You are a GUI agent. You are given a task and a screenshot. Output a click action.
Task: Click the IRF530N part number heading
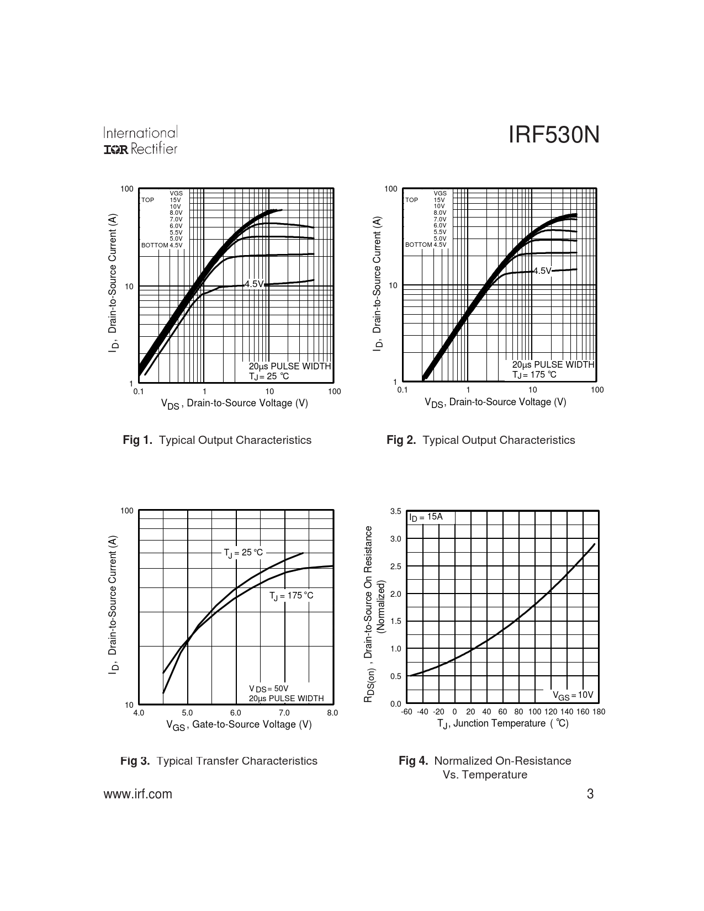pos(553,136)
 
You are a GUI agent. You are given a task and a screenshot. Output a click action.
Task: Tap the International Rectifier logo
pos(140,141)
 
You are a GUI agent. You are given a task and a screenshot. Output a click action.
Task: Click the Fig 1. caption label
pos(137,440)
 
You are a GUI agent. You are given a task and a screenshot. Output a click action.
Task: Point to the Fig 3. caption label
pos(135,761)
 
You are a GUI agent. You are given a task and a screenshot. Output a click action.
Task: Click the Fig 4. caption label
pos(413,761)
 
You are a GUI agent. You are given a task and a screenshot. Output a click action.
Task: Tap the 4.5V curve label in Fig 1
pos(254,284)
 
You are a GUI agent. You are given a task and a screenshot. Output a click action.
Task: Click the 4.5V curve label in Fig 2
pos(542,271)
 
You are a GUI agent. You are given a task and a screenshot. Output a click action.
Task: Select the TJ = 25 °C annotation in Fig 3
pos(244,553)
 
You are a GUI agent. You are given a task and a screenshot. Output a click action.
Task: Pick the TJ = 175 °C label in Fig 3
pos(291,596)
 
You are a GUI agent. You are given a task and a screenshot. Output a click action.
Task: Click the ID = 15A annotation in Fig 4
pos(426,517)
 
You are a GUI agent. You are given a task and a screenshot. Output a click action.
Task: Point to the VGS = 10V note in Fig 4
pos(573,696)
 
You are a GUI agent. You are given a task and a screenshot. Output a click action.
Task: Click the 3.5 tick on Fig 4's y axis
pos(395,511)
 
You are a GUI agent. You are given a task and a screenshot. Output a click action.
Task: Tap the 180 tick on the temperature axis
pos(599,712)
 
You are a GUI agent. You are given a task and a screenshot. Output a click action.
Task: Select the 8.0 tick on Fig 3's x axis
pos(332,713)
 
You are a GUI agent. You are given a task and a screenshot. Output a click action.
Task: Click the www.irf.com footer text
pos(137,794)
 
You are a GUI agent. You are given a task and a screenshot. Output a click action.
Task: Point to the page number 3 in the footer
pos(590,795)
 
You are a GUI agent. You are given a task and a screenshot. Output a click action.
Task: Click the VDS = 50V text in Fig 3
pos(268,688)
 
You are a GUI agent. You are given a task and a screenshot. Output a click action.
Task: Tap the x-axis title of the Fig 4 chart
pos(502,724)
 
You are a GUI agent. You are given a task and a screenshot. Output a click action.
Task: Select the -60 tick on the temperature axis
pos(407,712)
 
